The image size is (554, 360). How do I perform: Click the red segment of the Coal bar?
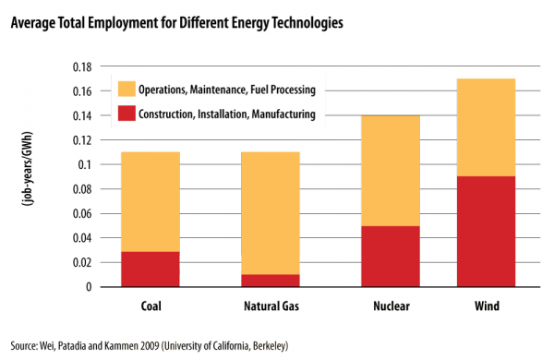(150, 269)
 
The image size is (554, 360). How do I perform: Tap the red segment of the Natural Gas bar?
(270, 281)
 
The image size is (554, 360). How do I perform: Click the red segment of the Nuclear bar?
(390, 256)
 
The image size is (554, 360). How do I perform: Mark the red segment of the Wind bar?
(486, 231)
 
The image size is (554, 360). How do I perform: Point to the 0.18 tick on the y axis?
(84, 67)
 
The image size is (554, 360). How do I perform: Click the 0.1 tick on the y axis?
(87, 165)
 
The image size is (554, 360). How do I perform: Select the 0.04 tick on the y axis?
(84, 238)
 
